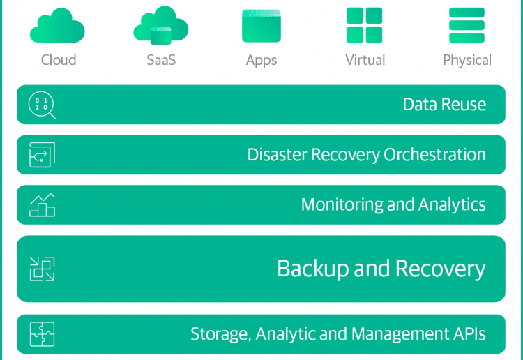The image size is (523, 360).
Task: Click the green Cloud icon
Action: [x=57, y=25]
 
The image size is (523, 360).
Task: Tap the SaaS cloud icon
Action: [x=161, y=25]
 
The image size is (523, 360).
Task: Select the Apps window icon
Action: [x=261, y=26]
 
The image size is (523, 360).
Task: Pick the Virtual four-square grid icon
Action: [x=364, y=25]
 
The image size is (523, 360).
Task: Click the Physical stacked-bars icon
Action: [x=467, y=25]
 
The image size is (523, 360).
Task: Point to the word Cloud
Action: [x=59, y=60]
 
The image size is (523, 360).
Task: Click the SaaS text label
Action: [x=161, y=60]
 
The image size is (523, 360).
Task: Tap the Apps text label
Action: [x=261, y=61]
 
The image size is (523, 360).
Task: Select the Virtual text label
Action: [x=365, y=60]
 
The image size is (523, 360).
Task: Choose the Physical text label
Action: [x=467, y=61]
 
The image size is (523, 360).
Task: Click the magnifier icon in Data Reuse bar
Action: [x=42, y=105]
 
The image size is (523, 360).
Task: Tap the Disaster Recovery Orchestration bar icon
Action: [x=42, y=155]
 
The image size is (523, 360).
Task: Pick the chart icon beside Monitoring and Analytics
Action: [x=42, y=205]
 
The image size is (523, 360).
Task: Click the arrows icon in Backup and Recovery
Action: [x=42, y=269]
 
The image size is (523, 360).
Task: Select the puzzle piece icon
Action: [x=42, y=334]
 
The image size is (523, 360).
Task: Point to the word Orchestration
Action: [x=434, y=155]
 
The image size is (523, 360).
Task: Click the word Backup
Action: [x=313, y=269]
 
